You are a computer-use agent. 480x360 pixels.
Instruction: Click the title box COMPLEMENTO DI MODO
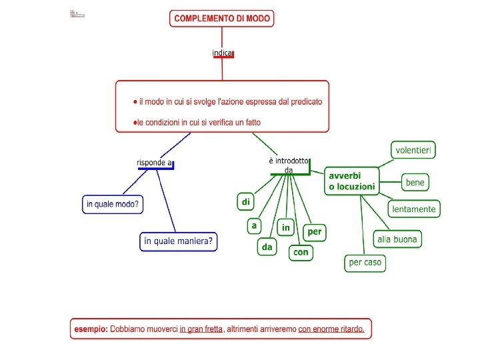(x=222, y=19)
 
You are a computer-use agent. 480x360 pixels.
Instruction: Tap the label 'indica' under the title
(x=222, y=53)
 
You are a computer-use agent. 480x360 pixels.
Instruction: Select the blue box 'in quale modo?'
(x=113, y=204)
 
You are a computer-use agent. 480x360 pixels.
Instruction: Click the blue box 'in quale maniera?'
(x=179, y=241)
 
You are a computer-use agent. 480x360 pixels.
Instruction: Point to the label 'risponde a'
(x=154, y=163)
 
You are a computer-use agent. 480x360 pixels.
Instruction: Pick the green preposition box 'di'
(x=246, y=201)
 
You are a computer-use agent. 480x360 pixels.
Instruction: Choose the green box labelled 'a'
(x=253, y=226)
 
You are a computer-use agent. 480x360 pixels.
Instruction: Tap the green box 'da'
(x=267, y=247)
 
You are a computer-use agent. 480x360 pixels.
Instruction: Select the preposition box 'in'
(x=285, y=228)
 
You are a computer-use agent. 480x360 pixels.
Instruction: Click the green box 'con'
(x=301, y=253)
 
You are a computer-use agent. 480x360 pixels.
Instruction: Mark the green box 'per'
(x=314, y=232)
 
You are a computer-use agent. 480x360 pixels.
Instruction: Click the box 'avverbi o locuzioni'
(x=351, y=181)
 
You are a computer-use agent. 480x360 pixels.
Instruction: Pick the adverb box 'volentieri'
(x=413, y=150)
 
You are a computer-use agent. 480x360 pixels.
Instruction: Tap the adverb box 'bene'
(x=415, y=182)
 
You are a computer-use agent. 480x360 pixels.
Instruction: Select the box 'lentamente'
(x=414, y=209)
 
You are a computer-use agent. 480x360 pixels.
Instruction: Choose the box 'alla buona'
(x=397, y=239)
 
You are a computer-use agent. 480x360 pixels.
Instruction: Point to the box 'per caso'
(x=365, y=262)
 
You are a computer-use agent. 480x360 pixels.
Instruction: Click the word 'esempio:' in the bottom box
(x=91, y=329)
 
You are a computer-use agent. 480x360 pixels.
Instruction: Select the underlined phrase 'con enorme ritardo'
(x=331, y=329)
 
